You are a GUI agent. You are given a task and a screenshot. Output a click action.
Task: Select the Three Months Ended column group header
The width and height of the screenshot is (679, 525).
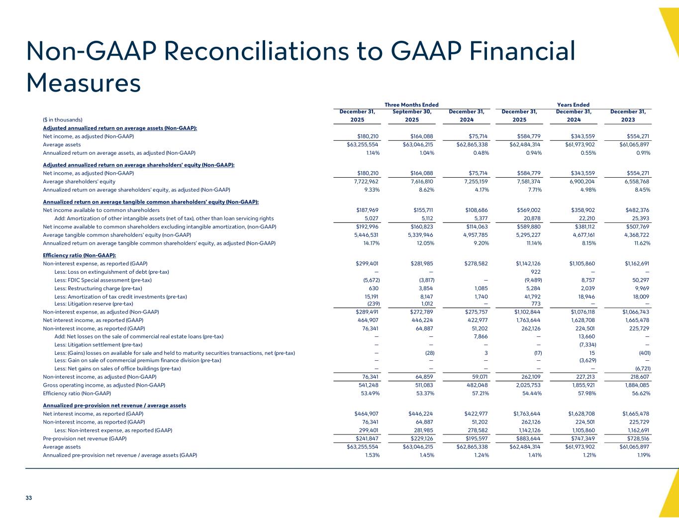click(411, 105)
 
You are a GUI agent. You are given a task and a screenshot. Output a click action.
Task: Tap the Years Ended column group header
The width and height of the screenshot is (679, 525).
click(573, 105)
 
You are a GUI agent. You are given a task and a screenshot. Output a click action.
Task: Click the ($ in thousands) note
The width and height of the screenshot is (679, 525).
click(62, 119)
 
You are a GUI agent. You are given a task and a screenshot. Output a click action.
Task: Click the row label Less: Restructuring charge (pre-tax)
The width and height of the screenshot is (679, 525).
click(98, 288)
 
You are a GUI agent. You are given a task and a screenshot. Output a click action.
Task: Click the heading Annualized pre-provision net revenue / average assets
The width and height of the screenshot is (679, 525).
click(114, 406)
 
